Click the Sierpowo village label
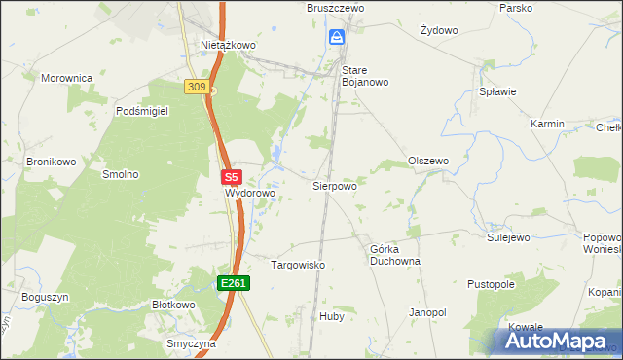pos(334,185)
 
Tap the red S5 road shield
pos(231,178)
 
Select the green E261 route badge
pos(234,283)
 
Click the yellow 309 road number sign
pos(196,87)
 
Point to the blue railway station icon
pos(336,38)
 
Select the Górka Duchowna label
pos(394,255)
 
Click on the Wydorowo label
pos(250,193)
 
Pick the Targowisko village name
pos(297,265)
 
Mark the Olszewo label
pos(427,161)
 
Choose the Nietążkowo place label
pos(228,45)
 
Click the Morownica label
pos(66,77)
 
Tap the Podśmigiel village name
pos(142,112)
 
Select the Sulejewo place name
pos(507,236)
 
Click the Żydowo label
pos(438,30)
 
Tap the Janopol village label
pos(427,312)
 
